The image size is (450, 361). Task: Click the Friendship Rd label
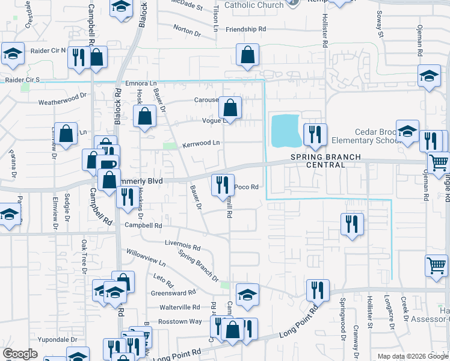245,29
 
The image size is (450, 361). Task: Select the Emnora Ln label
140,83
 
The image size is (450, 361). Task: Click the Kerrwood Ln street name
201,143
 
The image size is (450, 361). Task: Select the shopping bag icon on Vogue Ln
230,108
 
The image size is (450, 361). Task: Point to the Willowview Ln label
146,258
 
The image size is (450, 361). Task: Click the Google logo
20,354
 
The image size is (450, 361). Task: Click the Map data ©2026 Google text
413,356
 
